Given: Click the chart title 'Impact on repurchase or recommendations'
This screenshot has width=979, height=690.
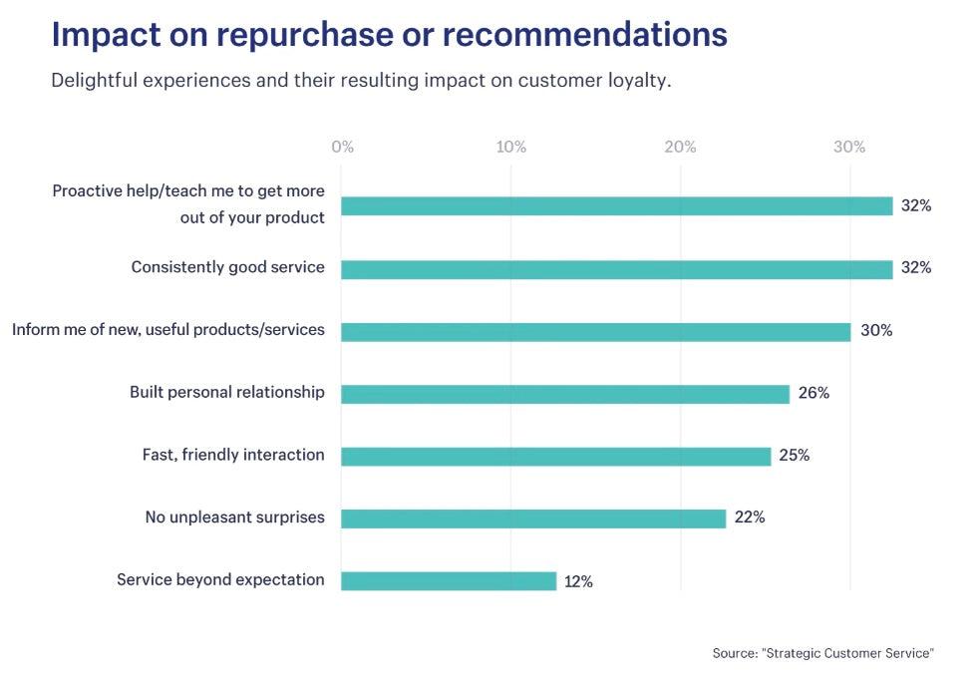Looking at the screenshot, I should pyautogui.click(x=389, y=35).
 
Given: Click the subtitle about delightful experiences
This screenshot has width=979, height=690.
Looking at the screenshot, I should pyautogui.click(x=361, y=81).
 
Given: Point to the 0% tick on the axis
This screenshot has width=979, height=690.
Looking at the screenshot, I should pyautogui.click(x=342, y=148).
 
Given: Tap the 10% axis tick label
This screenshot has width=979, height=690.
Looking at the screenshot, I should pyautogui.click(x=511, y=148).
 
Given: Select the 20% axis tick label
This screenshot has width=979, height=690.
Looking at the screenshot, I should pyautogui.click(x=680, y=148).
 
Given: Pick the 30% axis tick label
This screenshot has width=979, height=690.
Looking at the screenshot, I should pyautogui.click(x=849, y=148).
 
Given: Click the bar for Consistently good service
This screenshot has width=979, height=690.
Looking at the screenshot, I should pyautogui.click(x=616, y=269).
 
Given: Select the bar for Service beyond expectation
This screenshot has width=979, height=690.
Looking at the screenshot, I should pyautogui.click(x=449, y=580).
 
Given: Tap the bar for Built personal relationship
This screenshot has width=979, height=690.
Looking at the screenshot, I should pyautogui.click(x=565, y=394).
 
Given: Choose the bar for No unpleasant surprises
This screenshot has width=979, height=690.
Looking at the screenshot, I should pyautogui.click(x=533, y=518).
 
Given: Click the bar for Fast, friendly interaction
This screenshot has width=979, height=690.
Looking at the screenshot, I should pyautogui.click(x=556, y=457).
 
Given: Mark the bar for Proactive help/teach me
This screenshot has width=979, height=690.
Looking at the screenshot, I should pyautogui.click(x=616, y=206).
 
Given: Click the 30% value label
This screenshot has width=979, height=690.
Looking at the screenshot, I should pyautogui.click(x=876, y=331).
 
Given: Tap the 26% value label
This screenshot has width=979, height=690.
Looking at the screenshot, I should pyautogui.click(x=814, y=393).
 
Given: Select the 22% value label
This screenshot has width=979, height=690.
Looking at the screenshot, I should pyautogui.click(x=750, y=517).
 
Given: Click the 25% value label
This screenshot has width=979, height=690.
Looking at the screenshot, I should pyautogui.click(x=795, y=456).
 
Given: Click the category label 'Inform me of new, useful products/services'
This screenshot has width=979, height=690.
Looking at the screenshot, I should pyautogui.click(x=168, y=329).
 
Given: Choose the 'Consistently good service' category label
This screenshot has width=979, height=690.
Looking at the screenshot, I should pyautogui.click(x=228, y=267).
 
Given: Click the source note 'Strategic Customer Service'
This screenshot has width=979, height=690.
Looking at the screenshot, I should pyautogui.click(x=823, y=653).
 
